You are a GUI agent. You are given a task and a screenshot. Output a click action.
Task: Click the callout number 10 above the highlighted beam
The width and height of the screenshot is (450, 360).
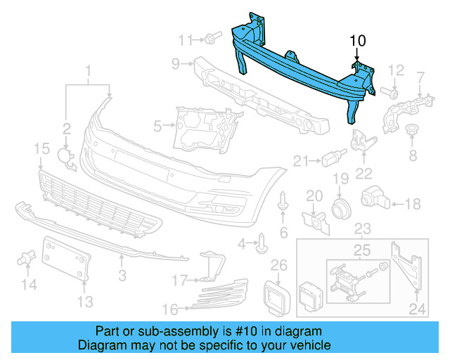click(358, 41)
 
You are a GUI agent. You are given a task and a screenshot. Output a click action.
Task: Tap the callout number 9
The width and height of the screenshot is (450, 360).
click(176, 65)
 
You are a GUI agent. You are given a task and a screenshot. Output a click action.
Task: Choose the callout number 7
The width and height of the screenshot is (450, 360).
click(421, 77)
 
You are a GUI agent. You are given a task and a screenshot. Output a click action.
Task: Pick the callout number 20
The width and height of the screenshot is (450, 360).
click(314, 195)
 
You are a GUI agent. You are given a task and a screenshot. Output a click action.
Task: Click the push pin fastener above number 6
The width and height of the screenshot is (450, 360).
click(283, 201)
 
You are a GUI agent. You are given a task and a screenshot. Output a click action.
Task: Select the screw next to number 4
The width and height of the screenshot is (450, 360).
click(263, 243)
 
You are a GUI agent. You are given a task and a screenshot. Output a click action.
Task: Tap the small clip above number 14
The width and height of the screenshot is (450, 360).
click(29, 258)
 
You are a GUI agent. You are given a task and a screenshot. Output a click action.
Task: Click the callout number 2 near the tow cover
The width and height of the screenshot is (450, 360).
click(66, 129)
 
